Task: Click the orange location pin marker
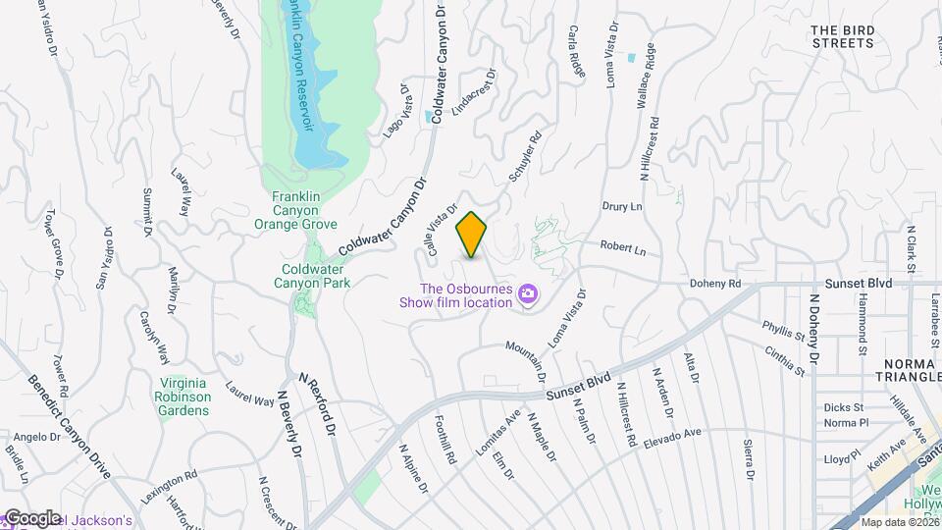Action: click(472, 235)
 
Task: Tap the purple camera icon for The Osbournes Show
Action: click(528, 294)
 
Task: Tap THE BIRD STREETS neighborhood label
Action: click(842, 36)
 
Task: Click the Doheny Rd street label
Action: click(721, 283)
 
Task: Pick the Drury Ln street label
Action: click(622, 206)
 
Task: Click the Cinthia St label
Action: click(786, 361)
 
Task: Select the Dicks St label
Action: click(844, 406)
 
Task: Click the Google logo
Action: click(31, 518)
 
